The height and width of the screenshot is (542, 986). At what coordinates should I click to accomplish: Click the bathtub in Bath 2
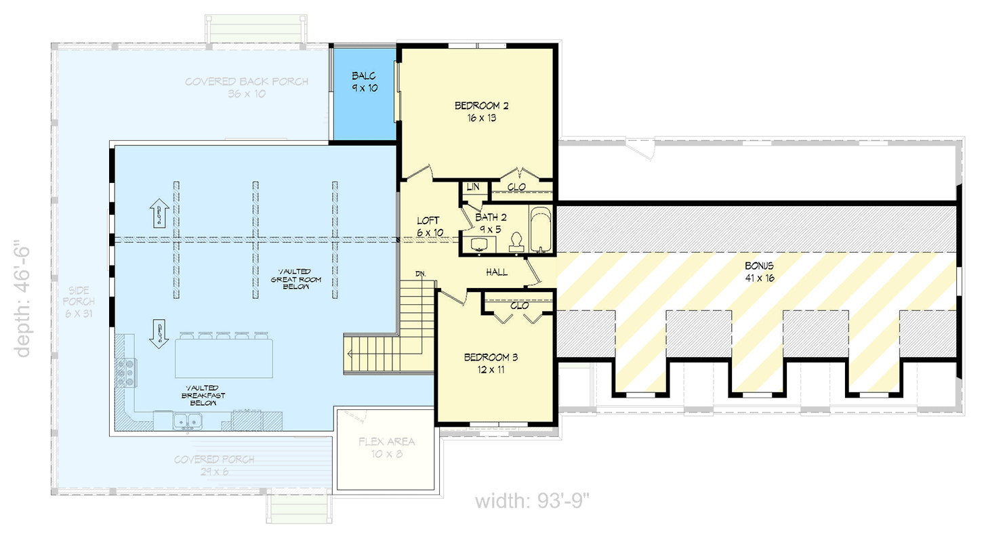click(x=540, y=230)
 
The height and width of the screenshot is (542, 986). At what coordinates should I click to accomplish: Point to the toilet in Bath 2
click(x=516, y=242)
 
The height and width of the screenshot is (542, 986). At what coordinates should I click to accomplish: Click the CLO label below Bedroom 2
click(x=516, y=188)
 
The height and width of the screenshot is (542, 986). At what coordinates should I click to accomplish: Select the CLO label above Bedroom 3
click(x=519, y=306)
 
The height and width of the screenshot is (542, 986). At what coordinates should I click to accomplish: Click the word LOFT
click(x=428, y=221)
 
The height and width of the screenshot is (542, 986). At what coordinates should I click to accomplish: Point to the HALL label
click(x=497, y=272)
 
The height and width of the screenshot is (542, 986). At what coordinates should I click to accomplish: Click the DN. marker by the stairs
click(x=422, y=274)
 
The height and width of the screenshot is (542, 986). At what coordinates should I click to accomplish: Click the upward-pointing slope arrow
click(x=159, y=213)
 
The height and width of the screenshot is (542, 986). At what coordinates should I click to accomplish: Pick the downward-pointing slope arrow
click(x=159, y=333)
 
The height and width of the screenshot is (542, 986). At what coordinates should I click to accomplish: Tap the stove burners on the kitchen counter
click(x=125, y=373)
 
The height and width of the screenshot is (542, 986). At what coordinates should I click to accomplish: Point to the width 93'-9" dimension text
click(x=533, y=502)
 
